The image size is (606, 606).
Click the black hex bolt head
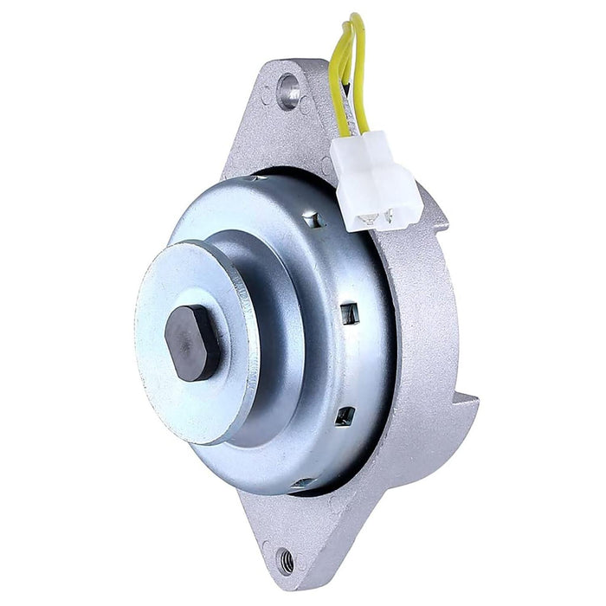(192, 343)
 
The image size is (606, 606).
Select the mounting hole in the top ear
(288, 88)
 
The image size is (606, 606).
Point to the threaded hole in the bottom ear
(285, 561)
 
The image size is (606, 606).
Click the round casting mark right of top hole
(308, 105)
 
